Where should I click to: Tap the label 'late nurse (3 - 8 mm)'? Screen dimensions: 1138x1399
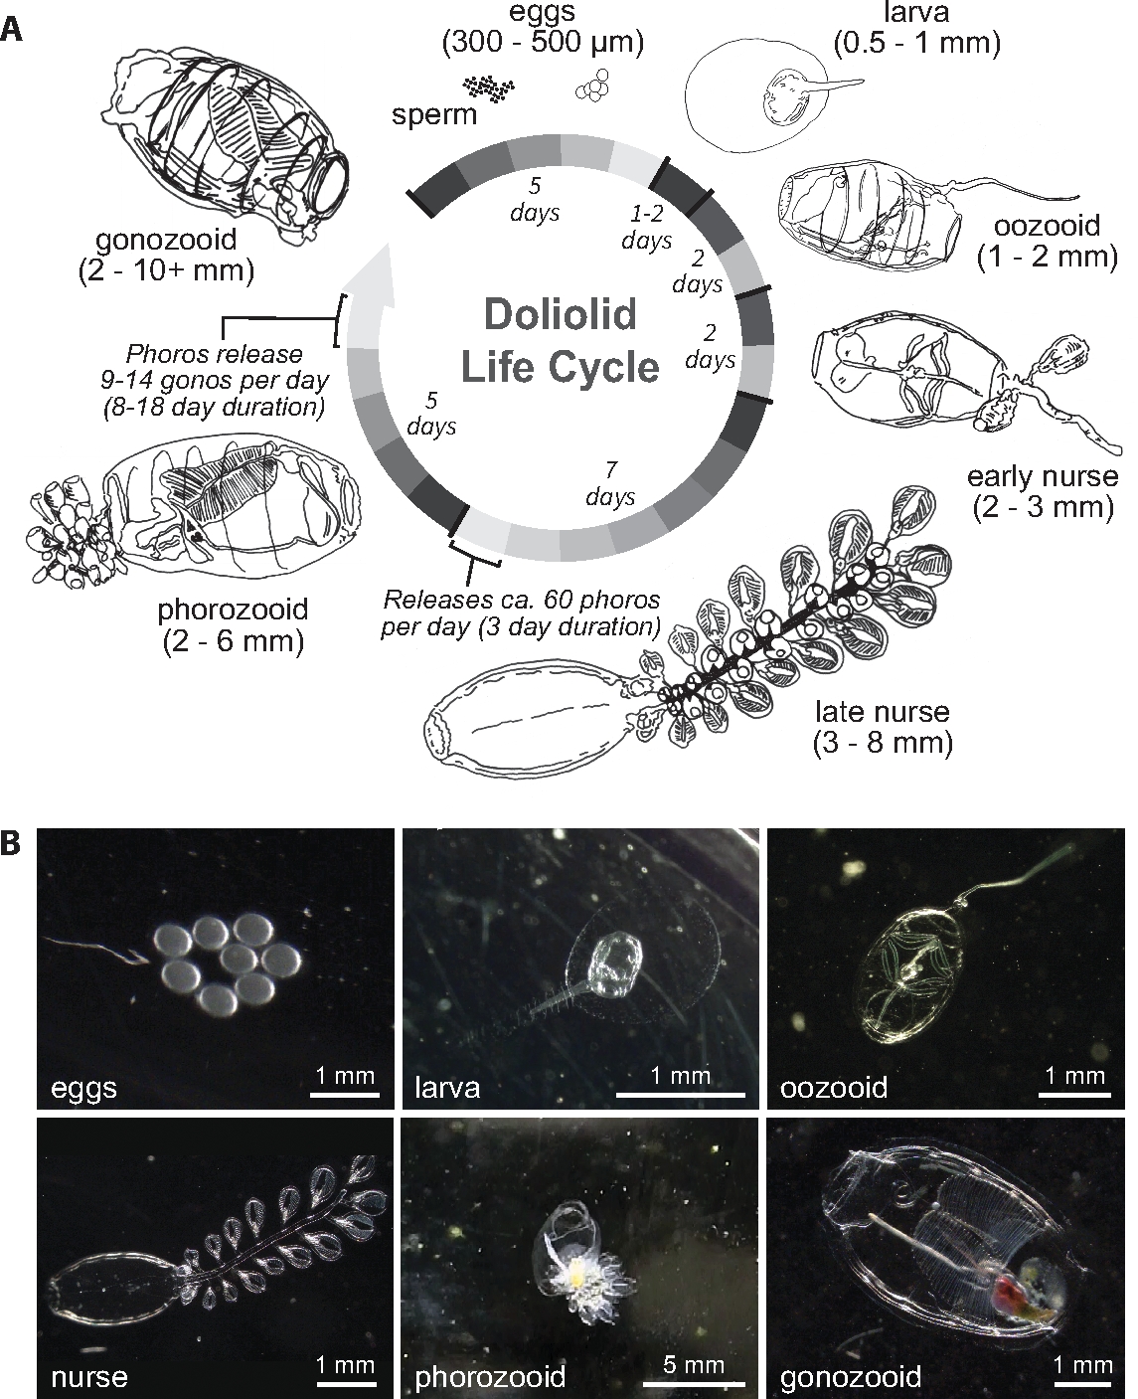tap(882, 727)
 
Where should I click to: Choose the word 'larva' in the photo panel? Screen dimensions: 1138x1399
tap(447, 1086)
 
